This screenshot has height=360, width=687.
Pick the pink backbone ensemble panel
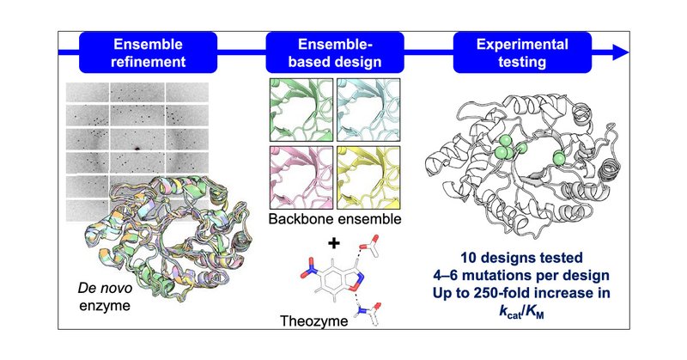299,177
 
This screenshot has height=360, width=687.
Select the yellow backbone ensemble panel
368,177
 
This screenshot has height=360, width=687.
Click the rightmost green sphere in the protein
560,156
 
